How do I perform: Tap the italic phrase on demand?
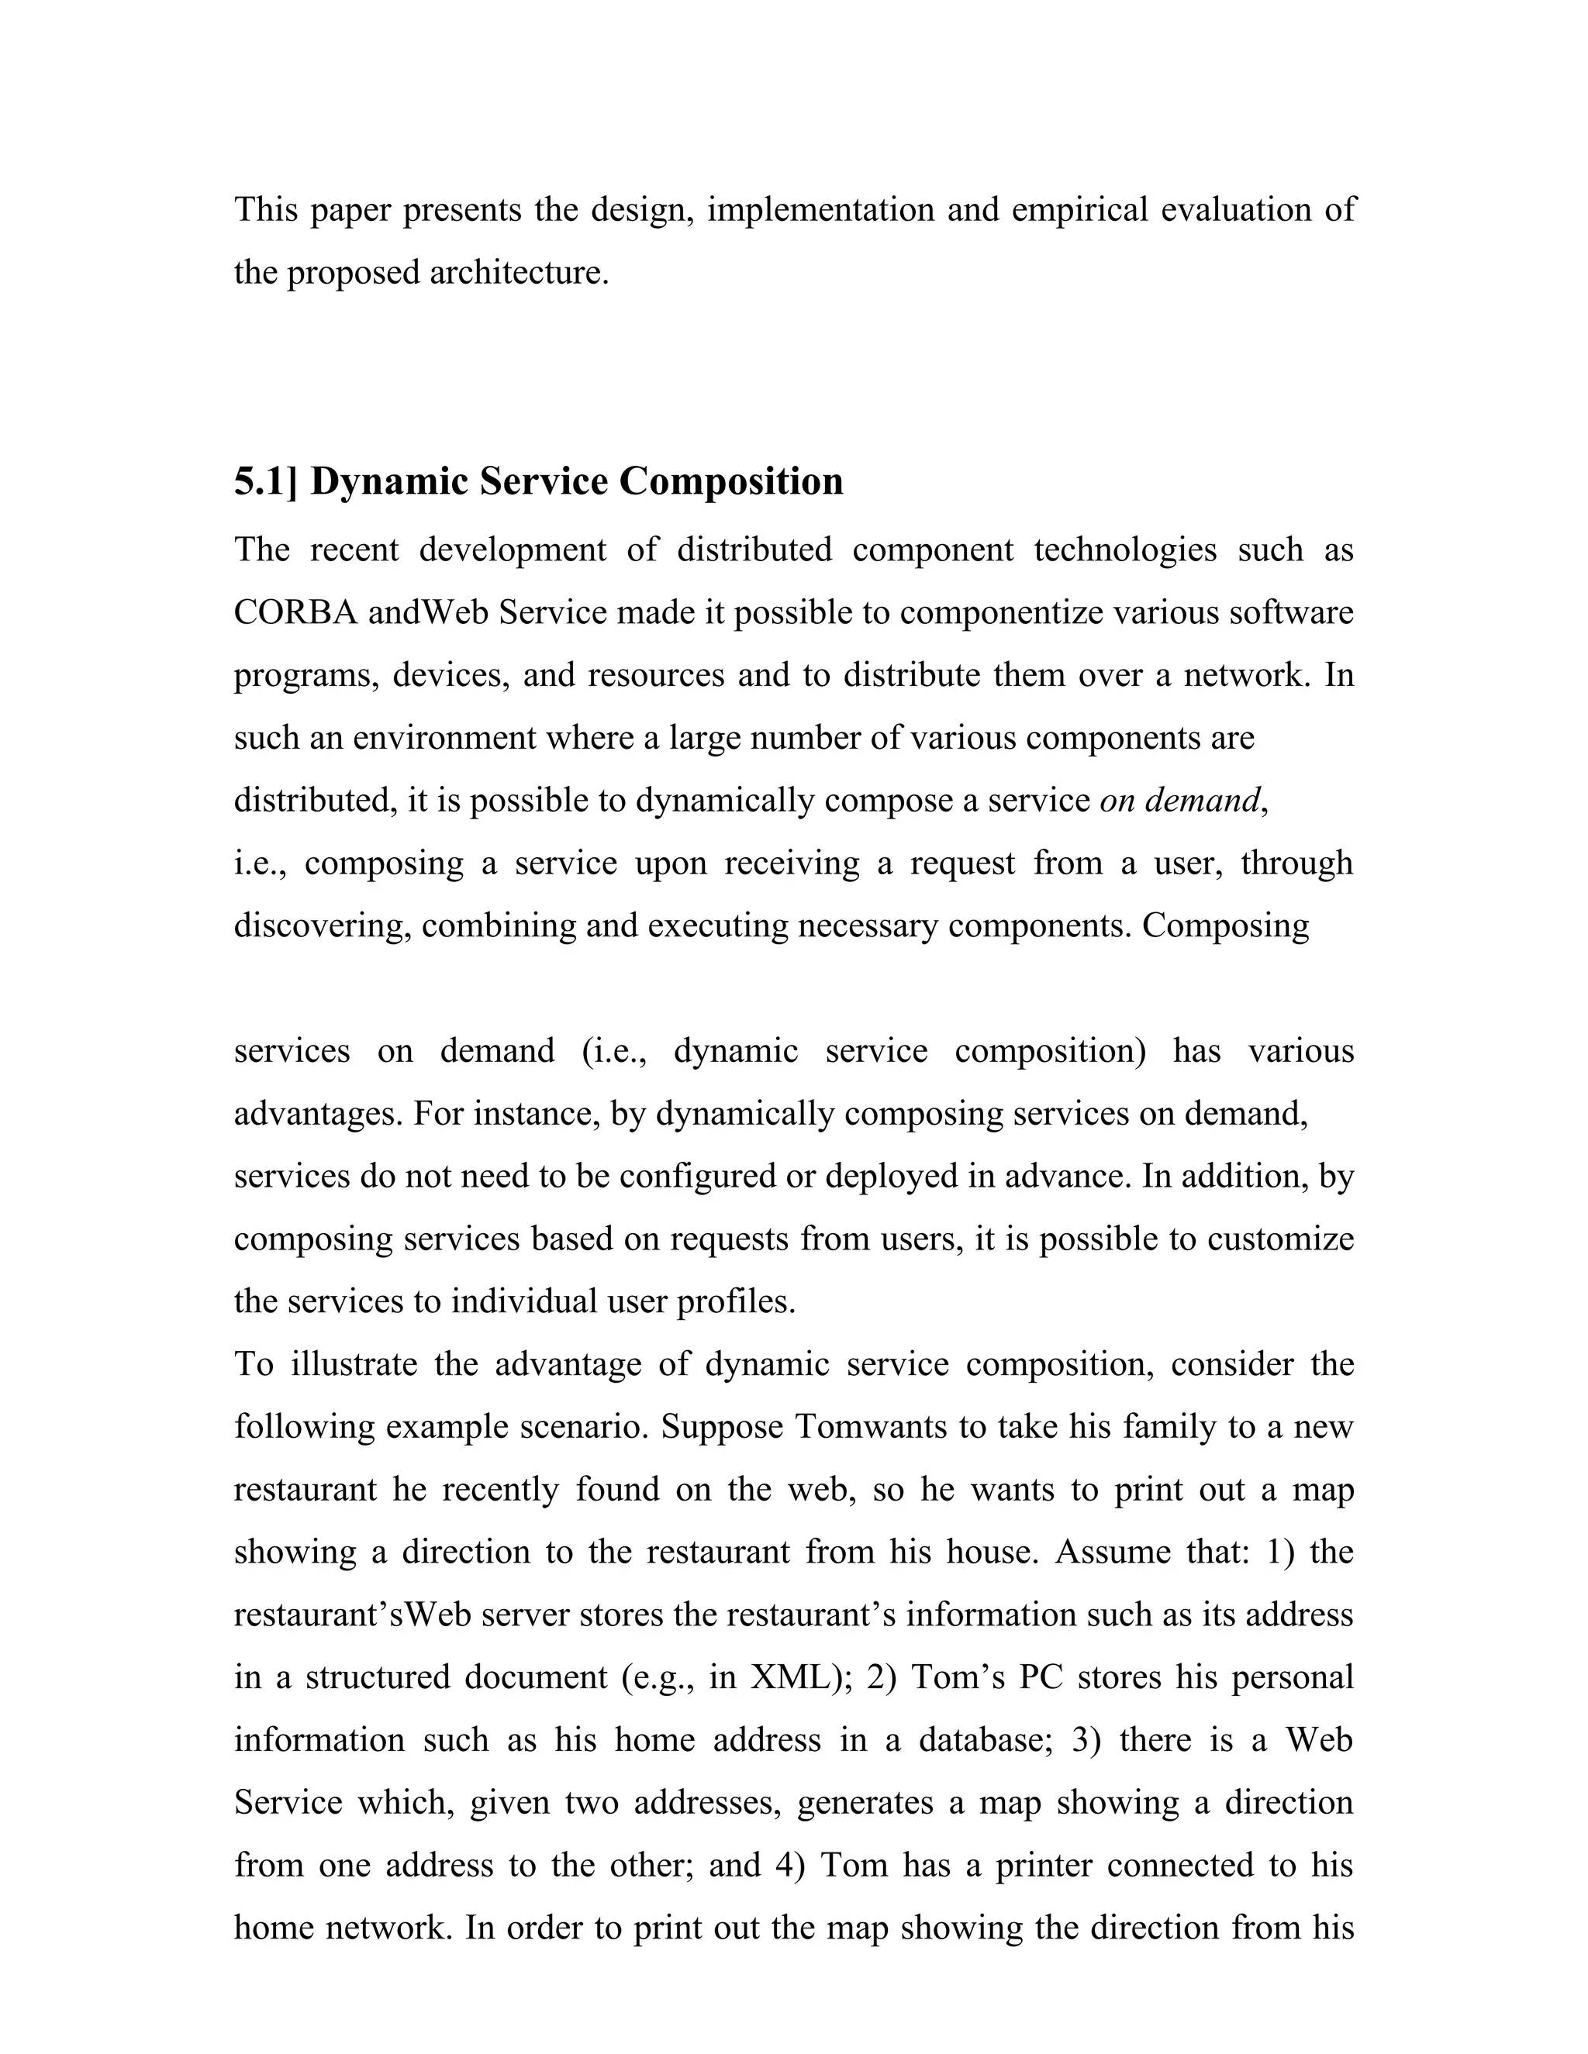1179,801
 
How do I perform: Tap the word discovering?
322,926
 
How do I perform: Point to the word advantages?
321,1115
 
